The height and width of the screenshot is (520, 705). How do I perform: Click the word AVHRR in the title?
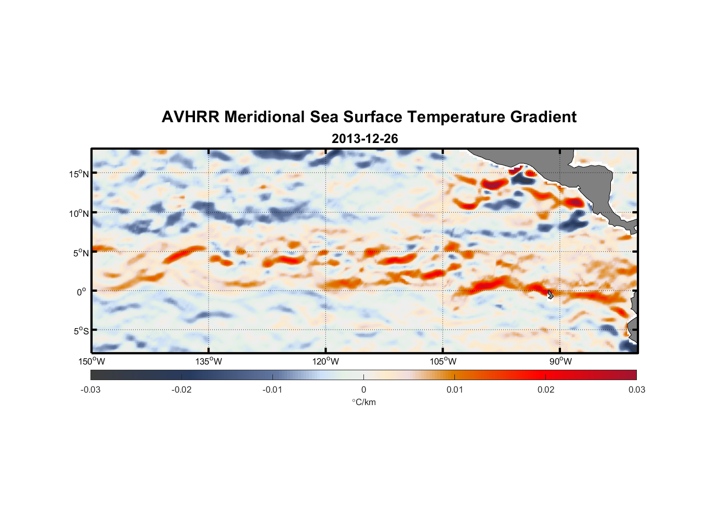tap(190, 117)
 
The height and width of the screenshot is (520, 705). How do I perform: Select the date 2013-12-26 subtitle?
tap(364, 139)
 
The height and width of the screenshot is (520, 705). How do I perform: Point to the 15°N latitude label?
tap(79, 174)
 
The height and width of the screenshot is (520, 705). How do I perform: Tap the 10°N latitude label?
tap(79, 213)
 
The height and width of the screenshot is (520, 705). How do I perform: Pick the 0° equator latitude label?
tap(82, 292)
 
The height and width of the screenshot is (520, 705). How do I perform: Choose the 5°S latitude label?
tap(81, 331)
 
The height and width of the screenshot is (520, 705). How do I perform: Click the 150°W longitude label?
tap(92, 361)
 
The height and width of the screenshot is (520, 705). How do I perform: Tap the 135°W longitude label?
tap(208, 361)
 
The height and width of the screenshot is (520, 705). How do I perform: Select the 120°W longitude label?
tap(326, 361)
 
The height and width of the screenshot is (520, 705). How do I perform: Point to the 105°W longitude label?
tap(443, 361)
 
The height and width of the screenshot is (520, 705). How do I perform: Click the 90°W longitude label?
tap(560, 361)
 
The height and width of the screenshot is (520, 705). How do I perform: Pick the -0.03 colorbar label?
tap(90, 390)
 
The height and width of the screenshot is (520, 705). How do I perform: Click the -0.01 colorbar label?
tap(272, 390)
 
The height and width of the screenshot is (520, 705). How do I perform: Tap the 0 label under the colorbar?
tap(363, 390)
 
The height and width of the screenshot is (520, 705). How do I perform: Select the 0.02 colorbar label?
tap(546, 390)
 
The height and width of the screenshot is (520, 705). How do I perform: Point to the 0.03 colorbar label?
tap(636, 390)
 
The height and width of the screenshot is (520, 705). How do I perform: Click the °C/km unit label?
tap(364, 402)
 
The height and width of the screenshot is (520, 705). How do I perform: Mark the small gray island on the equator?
tap(550, 294)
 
